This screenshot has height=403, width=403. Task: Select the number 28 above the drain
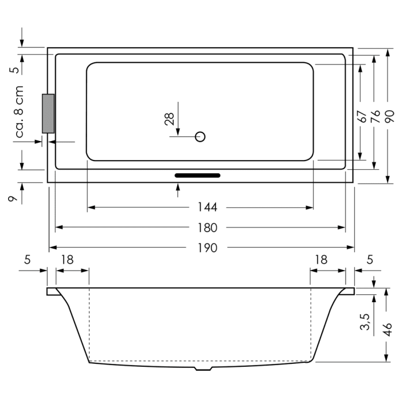(169, 119)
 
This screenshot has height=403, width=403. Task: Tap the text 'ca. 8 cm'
(19, 112)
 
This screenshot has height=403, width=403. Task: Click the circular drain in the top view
(200, 137)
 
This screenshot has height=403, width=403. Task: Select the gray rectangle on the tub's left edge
(48, 113)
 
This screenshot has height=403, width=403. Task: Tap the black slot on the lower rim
(197, 175)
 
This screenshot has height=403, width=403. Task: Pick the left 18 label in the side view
(67, 260)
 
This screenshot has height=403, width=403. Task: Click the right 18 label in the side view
(321, 260)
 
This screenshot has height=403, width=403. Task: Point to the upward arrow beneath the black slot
(178, 187)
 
